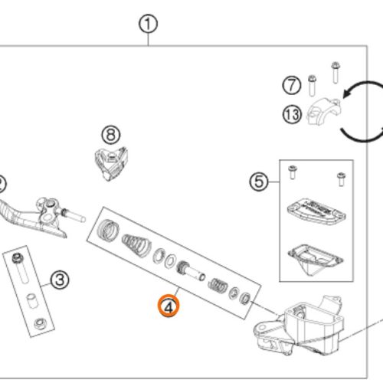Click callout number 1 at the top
148,24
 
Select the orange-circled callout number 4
169,306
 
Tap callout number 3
60,280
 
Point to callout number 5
259,182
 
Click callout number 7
292,85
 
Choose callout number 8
111,135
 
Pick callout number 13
292,115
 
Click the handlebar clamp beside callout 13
323,111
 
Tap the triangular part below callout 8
111,163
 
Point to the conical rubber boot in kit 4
136,245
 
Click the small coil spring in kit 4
218,285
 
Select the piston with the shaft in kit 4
191,271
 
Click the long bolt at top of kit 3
20,268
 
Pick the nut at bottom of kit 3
40,324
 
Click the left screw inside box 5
293,172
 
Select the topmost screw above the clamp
336,72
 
